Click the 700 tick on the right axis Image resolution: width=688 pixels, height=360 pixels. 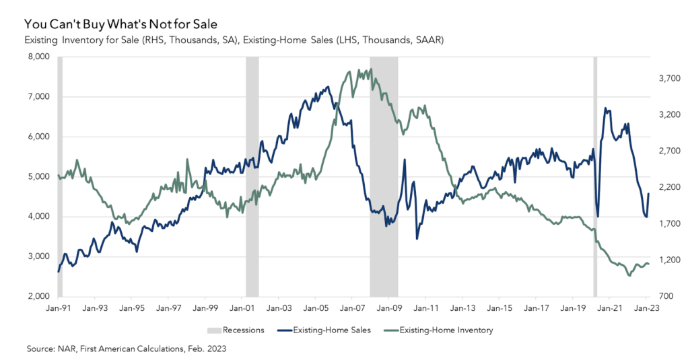[668, 296]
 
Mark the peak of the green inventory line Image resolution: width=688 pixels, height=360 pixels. [360, 69]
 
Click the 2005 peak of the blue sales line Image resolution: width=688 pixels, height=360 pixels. [328, 86]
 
